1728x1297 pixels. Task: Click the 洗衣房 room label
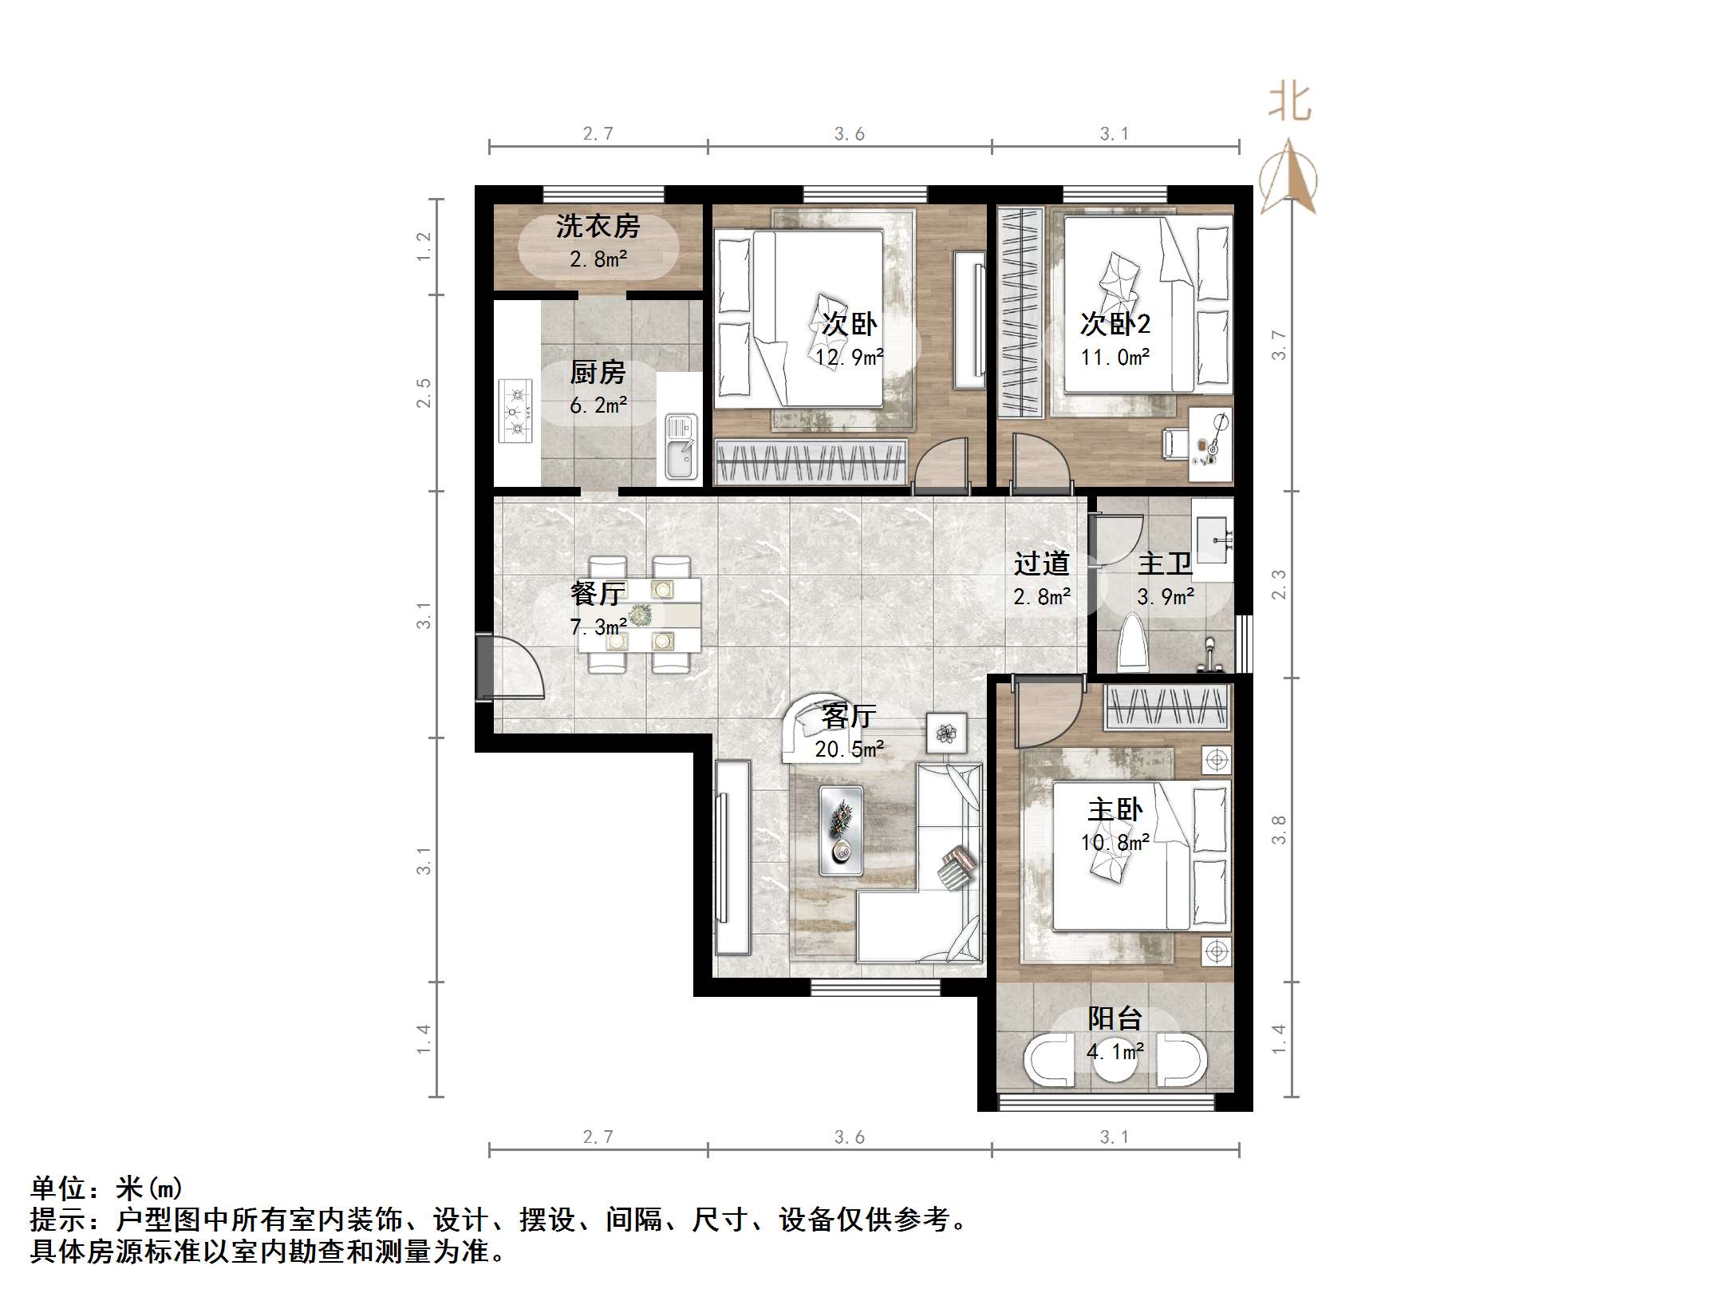click(x=598, y=227)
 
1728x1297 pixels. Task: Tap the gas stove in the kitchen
click(x=515, y=411)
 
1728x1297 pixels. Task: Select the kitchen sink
click(x=681, y=447)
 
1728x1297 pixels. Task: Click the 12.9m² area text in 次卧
click(x=849, y=357)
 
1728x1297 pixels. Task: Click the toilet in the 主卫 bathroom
click(x=1133, y=643)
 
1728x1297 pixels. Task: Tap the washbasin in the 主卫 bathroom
click(x=1213, y=539)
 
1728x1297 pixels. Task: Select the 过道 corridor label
click(x=1041, y=563)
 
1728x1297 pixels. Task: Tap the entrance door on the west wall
click(x=484, y=666)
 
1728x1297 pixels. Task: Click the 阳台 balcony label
click(x=1115, y=1018)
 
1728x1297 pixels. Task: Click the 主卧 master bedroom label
click(x=1115, y=810)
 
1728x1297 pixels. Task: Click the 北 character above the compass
click(x=1289, y=102)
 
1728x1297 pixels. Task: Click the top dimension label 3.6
click(x=849, y=134)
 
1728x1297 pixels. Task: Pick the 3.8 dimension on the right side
click(x=1278, y=829)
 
